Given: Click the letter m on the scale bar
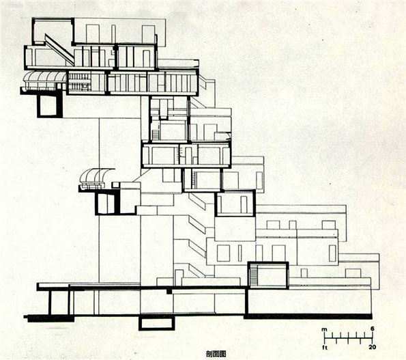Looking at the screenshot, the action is (x=324, y=329).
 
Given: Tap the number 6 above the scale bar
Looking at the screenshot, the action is (x=373, y=329).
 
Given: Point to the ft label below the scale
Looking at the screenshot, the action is (x=325, y=347).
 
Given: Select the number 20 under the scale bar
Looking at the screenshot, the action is (x=372, y=347).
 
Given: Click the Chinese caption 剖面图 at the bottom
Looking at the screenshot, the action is (x=216, y=354).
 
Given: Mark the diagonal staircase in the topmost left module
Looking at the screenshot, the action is (x=59, y=49).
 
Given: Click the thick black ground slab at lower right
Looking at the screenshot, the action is (x=308, y=316).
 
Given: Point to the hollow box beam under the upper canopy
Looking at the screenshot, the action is (x=50, y=105).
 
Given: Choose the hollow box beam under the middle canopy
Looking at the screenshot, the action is (x=107, y=204).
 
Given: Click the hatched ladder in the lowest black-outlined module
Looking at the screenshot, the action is (x=254, y=276).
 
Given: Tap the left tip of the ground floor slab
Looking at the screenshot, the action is (x=24, y=317).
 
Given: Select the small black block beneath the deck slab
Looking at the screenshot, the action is (x=169, y=291).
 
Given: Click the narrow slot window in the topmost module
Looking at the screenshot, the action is (x=113, y=33).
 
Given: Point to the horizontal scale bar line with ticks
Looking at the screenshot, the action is (x=349, y=338).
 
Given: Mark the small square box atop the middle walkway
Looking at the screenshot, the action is (x=115, y=185).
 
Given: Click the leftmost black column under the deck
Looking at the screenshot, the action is (x=50, y=302).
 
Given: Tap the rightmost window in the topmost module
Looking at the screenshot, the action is (x=148, y=33).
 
